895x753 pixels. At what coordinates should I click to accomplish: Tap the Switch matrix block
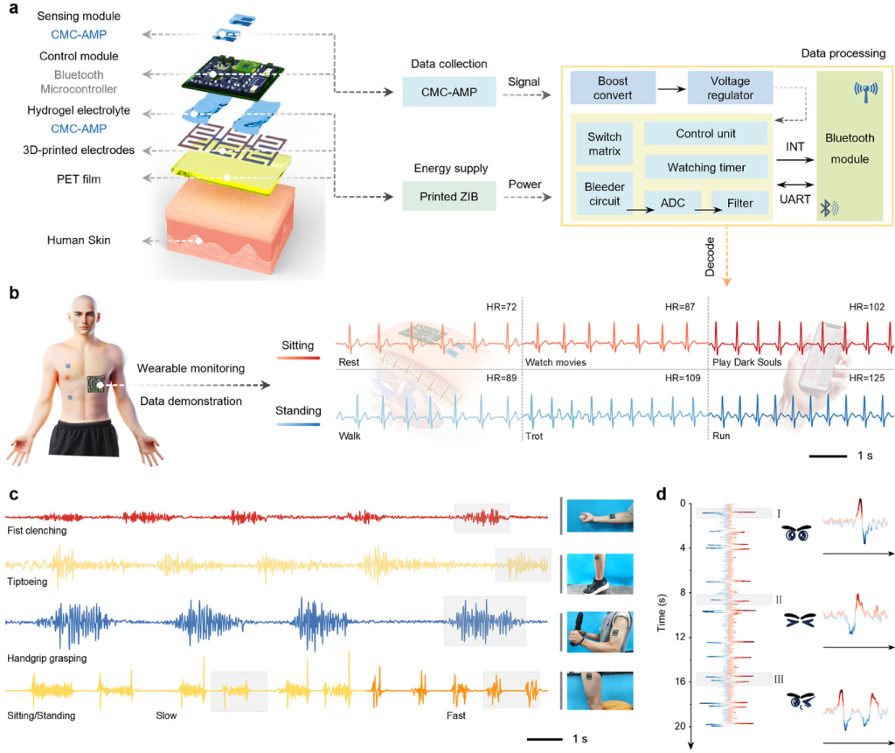click(x=604, y=143)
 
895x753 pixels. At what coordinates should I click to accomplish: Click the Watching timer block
click(x=705, y=165)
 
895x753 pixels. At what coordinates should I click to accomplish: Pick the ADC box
click(x=673, y=203)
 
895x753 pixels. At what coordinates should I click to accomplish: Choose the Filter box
click(x=739, y=203)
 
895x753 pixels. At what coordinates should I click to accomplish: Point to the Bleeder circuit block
click(x=604, y=192)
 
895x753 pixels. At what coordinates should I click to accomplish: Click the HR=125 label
click(x=871, y=377)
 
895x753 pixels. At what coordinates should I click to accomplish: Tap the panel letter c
click(x=14, y=494)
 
